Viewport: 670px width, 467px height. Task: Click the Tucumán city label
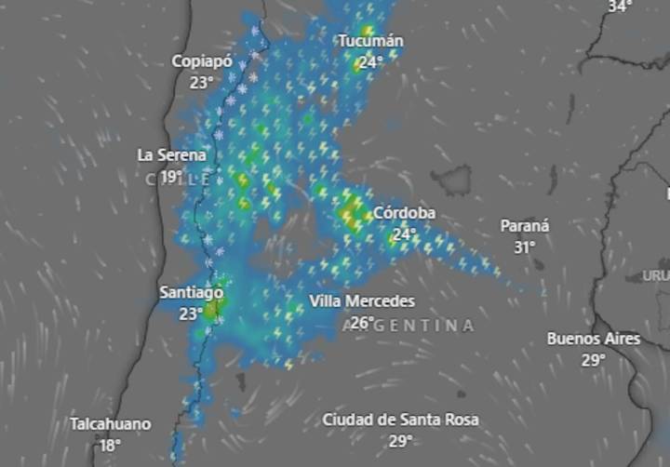click(370, 41)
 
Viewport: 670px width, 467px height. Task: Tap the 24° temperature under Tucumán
click(370, 62)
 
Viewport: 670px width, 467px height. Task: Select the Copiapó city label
click(200, 61)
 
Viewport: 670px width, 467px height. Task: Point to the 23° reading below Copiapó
click(200, 82)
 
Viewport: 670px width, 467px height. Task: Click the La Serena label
click(171, 154)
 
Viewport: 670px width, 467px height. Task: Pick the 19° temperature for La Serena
click(170, 175)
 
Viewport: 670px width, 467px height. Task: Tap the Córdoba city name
click(404, 213)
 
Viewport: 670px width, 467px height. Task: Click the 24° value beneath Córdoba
click(403, 234)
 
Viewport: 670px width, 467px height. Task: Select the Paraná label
click(525, 226)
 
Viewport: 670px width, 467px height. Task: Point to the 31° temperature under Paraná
click(524, 247)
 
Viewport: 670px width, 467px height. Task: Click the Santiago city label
click(191, 292)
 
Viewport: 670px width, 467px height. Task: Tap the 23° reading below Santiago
click(191, 314)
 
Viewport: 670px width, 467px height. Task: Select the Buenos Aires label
click(594, 339)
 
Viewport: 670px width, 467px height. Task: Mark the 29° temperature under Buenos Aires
click(594, 360)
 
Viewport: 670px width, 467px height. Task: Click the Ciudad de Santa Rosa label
click(401, 420)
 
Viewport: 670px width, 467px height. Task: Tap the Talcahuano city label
click(110, 424)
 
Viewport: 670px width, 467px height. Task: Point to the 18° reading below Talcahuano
click(110, 445)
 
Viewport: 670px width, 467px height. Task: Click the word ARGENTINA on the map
click(409, 326)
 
